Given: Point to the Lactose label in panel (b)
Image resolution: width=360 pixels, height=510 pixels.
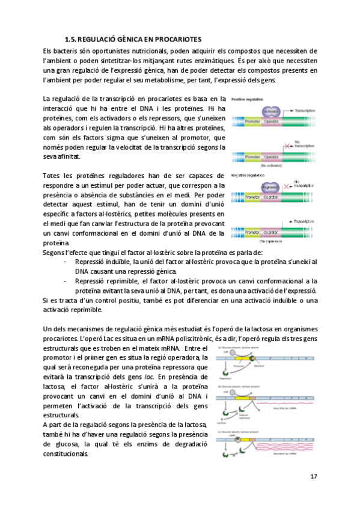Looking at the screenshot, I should pyautogui.click(x=222, y=423).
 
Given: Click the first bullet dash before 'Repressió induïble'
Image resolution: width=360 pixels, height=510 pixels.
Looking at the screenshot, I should pyautogui.click(x=64, y=262).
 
